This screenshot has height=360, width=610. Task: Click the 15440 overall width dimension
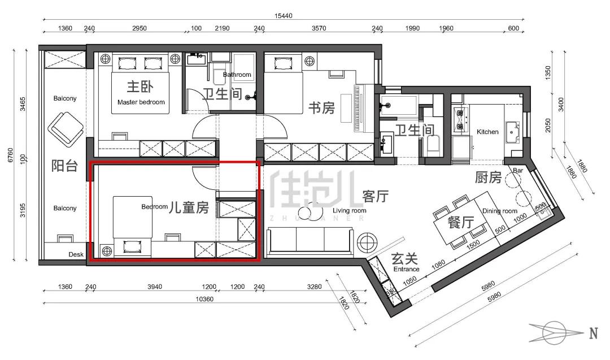(x=283, y=16)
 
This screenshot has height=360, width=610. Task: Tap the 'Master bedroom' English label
(x=141, y=102)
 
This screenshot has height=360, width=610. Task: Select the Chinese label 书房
(x=322, y=108)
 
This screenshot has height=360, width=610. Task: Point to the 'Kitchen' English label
(x=487, y=132)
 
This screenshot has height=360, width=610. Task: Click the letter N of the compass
(x=593, y=333)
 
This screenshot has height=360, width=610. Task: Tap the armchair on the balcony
(x=66, y=129)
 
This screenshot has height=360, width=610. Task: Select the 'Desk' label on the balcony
(x=76, y=254)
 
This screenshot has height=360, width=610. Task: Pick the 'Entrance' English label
(x=406, y=269)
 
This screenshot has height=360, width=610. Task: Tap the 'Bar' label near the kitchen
(x=518, y=171)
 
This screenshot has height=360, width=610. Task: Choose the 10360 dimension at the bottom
(x=204, y=300)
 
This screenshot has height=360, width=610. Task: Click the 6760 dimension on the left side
(x=11, y=155)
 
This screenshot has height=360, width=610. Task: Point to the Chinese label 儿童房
(x=189, y=207)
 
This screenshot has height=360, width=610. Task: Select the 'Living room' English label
(x=350, y=211)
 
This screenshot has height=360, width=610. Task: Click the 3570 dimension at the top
(x=319, y=28)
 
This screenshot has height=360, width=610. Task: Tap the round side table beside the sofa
(x=367, y=243)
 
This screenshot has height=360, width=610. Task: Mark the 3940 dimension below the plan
(x=154, y=287)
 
